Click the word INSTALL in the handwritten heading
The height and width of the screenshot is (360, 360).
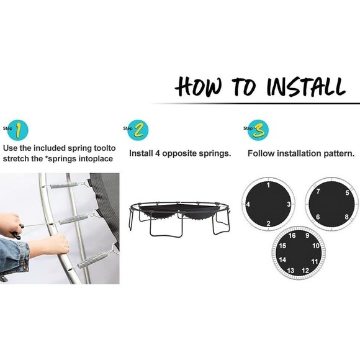306,87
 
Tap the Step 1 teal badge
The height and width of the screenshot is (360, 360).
18,130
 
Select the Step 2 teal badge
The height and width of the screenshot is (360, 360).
138,130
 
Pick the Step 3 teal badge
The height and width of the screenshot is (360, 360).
258,130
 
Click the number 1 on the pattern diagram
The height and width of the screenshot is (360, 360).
269,185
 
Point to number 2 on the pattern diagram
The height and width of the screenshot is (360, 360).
268,223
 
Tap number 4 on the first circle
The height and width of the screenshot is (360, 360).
248,204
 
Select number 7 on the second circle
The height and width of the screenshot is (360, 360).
318,191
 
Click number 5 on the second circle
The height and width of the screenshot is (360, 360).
348,192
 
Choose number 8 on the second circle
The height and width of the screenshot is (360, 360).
347,217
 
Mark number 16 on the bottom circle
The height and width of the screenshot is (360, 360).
292,236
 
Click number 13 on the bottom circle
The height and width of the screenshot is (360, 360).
290,271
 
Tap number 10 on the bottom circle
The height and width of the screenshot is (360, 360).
316,246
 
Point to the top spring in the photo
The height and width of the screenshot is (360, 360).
65,185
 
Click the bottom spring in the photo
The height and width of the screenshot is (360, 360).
92,260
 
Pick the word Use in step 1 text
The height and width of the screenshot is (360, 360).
10,148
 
